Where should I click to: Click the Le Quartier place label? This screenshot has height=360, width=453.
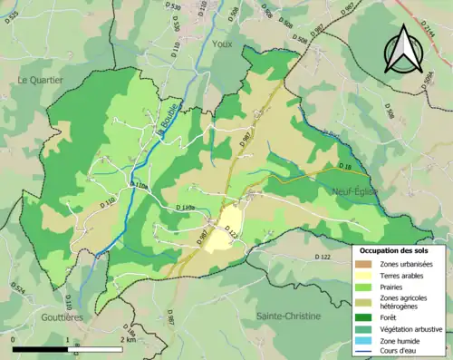click(x=40, y=80)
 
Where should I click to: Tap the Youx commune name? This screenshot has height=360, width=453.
click(x=220, y=67)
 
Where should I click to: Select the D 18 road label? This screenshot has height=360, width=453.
click(x=342, y=168)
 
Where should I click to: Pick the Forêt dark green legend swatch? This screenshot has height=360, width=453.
click(x=367, y=316)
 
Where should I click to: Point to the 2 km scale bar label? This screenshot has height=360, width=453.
click(x=127, y=339)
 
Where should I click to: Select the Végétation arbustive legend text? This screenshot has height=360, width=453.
click(x=412, y=328)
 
